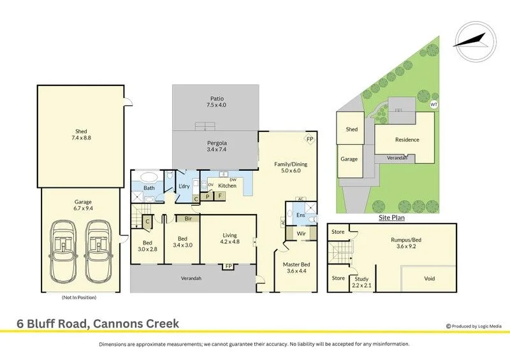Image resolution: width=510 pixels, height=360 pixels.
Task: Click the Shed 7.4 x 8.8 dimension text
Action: [x=81, y=134]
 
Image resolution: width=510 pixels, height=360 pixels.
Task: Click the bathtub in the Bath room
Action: [x=149, y=178]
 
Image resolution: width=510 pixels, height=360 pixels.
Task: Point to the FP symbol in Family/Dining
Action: [x=310, y=140]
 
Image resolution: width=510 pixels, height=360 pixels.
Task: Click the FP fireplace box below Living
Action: [x=229, y=266]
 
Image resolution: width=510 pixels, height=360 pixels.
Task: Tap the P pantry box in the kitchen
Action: [x=207, y=196]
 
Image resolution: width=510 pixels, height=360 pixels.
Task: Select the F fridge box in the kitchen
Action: [x=220, y=196]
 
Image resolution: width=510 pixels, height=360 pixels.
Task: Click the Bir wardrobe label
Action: [x=188, y=219]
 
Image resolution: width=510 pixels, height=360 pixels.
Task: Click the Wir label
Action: [x=301, y=233]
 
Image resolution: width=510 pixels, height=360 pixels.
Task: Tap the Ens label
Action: [x=300, y=215]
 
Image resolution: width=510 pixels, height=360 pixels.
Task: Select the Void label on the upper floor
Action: [x=429, y=278]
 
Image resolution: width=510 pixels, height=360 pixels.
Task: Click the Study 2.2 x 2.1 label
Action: [x=361, y=282]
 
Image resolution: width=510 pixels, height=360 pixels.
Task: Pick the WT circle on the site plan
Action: [x=434, y=104]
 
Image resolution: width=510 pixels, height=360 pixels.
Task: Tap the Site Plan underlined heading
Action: [x=391, y=217]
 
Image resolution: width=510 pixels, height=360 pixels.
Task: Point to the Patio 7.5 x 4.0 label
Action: [x=216, y=102]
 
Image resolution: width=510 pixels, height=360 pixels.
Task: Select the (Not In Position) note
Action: [x=79, y=297]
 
